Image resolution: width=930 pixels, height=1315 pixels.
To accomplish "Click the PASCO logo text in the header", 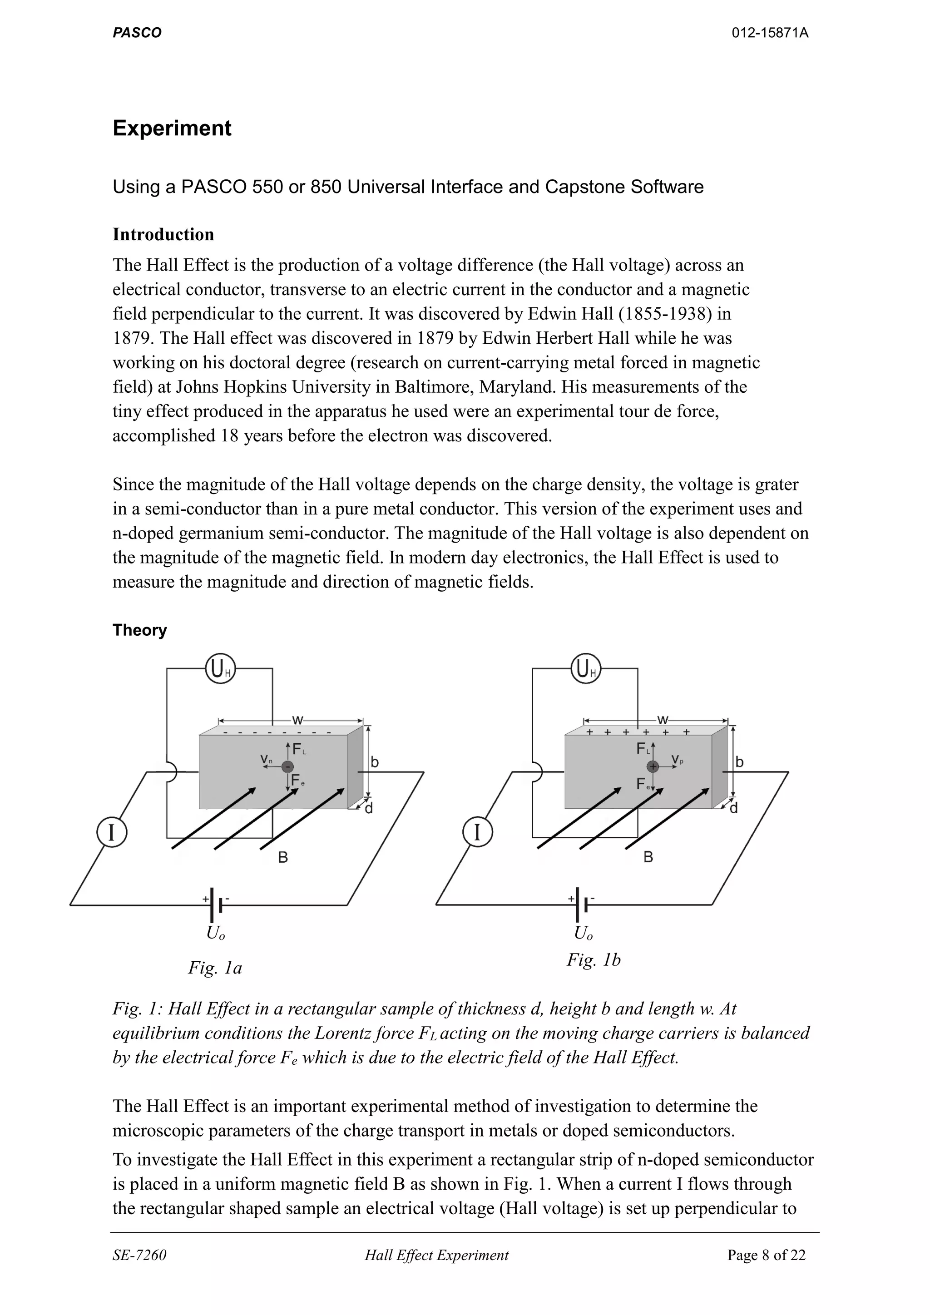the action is pos(137,33).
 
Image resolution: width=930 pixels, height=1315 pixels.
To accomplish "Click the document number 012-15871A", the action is pos(770,33).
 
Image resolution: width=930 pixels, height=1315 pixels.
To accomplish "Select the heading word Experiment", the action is pos(172,128).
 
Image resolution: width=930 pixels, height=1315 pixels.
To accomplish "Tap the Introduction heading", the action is pos(163,234).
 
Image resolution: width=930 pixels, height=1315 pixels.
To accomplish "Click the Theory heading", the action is pos(140,630).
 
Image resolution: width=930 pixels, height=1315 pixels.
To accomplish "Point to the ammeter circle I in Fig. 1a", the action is pos(112,832).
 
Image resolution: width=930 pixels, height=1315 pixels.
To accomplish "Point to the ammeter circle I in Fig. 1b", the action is pos(477,832).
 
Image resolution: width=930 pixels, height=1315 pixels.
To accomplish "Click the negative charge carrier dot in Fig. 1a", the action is pos(288,767).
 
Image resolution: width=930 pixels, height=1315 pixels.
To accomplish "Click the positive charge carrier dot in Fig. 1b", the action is pos(653,766).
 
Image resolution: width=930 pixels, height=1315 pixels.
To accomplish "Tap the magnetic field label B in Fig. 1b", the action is pos(648,857).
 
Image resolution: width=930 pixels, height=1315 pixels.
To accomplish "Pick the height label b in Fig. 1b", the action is pos(739,762).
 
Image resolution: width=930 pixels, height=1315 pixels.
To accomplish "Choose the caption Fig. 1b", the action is pos(594,959).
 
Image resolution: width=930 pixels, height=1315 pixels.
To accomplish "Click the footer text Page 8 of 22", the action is pos(766,1255).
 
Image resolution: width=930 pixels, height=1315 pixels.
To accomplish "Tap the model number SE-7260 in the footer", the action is pos(139,1255).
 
